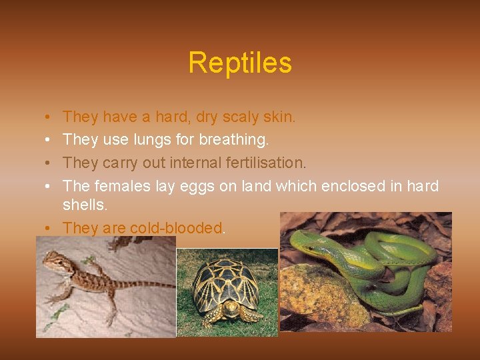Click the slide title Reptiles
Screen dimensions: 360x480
tap(239, 63)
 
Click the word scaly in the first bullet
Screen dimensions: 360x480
tap(243, 117)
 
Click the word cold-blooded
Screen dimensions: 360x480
tap(176, 228)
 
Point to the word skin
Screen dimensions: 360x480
tap(279, 117)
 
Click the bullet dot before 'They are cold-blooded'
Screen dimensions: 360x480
tap(49, 228)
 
